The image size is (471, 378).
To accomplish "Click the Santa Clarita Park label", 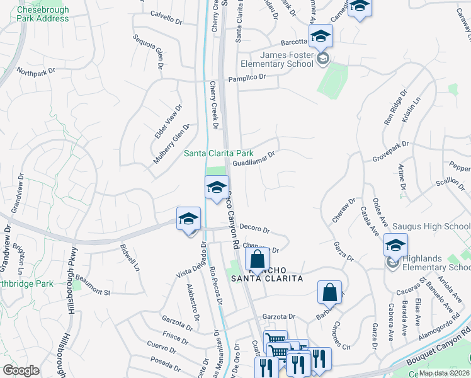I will point(218,153).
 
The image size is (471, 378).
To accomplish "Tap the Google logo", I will point(21,370).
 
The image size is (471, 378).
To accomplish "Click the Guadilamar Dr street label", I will point(254,158).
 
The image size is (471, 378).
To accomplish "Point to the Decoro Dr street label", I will point(254,230).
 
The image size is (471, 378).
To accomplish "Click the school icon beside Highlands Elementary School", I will point(396,245).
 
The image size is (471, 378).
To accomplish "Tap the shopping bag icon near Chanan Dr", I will point(257,258).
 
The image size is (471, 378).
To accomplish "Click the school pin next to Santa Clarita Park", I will point(216,187).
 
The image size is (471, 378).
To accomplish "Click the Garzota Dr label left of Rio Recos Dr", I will point(177,324).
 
